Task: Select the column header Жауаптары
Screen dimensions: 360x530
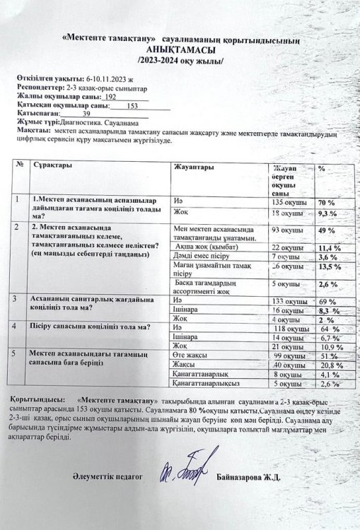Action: tap(190, 168)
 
